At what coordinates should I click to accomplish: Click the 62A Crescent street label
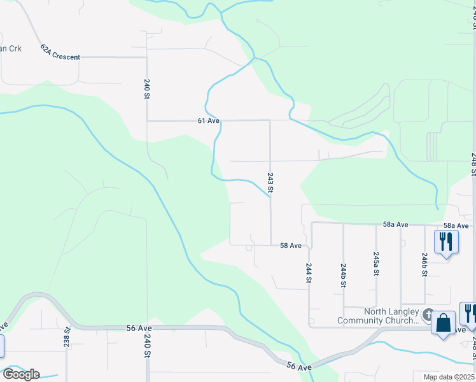click(60, 52)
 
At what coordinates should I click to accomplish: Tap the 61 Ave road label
click(208, 120)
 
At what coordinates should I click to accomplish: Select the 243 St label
click(270, 182)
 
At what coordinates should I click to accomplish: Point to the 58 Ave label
click(291, 245)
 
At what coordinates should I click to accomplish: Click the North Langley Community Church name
click(391, 315)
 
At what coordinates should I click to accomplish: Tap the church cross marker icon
click(428, 315)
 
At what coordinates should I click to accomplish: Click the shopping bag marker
click(443, 323)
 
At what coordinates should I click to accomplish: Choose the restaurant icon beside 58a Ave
click(445, 242)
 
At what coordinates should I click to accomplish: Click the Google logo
click(20, 374)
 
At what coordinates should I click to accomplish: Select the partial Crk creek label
click(11, 48)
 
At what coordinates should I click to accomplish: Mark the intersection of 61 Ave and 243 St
click(270, 120)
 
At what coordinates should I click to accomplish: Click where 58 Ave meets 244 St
click(310, 245)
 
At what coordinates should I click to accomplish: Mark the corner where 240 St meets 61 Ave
click(147, 120)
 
